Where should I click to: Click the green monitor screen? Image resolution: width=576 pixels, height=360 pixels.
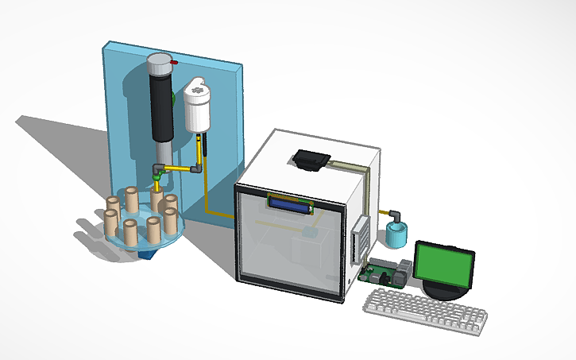pos(444,265)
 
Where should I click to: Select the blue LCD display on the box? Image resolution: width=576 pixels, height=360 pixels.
pos(290,204)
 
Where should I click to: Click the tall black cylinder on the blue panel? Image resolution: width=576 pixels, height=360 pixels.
pos(162,107)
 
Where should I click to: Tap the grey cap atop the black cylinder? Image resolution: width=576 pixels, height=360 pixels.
pos(161,64)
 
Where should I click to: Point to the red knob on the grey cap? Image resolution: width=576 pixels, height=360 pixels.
pos(175,61)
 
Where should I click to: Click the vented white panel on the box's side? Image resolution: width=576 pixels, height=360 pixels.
pos(358,239)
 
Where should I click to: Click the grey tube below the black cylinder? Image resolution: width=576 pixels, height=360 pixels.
pos(162,151)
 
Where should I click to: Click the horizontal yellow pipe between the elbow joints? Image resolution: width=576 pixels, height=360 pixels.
pos(179,168)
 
